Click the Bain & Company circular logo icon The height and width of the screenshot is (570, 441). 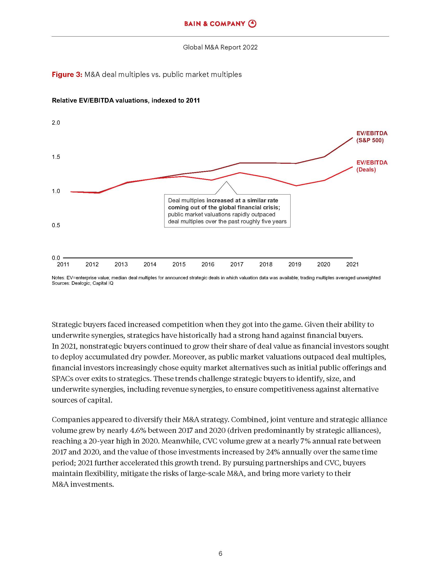(252, 24)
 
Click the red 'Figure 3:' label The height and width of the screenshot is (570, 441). (67, 75)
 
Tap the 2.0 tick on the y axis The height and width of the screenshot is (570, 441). (56, 123)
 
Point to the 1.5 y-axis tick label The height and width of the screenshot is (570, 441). (56, 157)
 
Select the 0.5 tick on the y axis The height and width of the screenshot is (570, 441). (56, 225)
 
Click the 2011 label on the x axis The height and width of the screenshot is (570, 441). (63, 264)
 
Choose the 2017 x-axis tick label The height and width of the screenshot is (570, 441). (237, 264)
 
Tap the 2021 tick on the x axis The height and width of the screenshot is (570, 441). (353, 264)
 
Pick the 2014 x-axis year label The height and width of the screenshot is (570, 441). (150, 264)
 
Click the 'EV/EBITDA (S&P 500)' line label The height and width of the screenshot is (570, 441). (372, 137)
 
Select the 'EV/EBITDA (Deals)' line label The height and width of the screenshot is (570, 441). (372, 166)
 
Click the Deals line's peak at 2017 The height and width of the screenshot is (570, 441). (240, 173)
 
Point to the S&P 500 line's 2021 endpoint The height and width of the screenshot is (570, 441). (353, 138)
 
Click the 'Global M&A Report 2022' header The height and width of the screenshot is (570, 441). (220, 47)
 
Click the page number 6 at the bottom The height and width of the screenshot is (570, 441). (220, 554)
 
